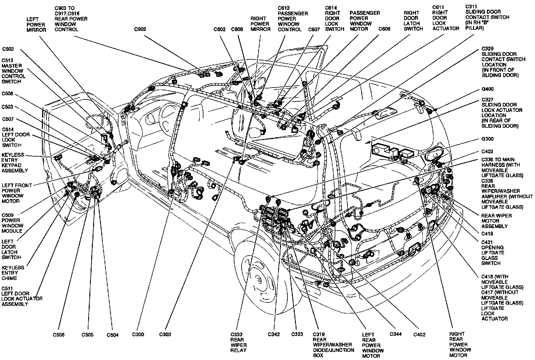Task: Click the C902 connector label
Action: point(140,29)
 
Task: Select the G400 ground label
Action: point(487,89)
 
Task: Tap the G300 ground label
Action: point(487,139)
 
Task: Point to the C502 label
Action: point(8,49)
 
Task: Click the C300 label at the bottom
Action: point(138,334)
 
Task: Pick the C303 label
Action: point(165,334)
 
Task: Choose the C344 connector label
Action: point(396,334)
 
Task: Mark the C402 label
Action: point(419,334)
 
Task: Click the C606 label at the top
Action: point(384,29)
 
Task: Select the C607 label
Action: point(314,29)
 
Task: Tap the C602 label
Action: point(220,29)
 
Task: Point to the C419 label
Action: point(487,234)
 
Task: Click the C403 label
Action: point(487,152)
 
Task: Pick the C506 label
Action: point(58,335)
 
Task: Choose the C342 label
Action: point(274,334)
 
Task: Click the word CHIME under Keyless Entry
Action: point(9,278)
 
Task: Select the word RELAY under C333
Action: point(238,350)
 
